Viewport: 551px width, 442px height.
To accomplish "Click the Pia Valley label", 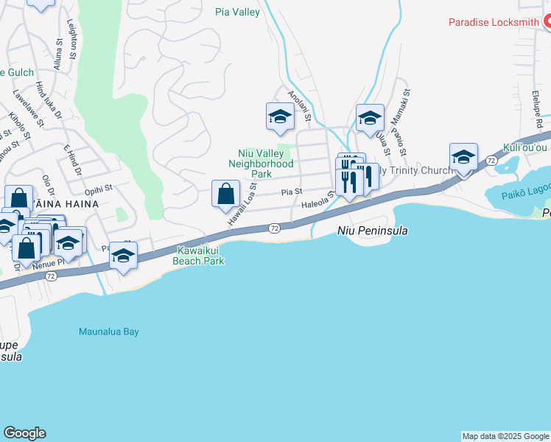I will (237, 12).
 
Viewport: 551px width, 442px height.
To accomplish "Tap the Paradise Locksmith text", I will (494, 22).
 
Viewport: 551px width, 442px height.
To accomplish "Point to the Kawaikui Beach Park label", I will (197, 256).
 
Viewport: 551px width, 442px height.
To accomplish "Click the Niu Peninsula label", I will (372, 231).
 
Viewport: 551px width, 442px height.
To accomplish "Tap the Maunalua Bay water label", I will (109, 331).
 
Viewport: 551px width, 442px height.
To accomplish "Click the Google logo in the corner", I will (24, 433).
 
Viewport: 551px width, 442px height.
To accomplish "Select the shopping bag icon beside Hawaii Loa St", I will (226, 195).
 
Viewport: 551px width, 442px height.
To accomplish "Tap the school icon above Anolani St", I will (280, 117).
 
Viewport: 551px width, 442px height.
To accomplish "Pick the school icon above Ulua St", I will (370, 118).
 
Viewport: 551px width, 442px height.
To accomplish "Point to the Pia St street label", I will (292, 192).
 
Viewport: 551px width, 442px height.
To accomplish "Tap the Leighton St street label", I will (71, 40).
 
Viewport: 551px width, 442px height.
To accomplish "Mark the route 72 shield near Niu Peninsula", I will (274, 229).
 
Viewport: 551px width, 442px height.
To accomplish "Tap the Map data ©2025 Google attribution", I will (505, 436).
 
